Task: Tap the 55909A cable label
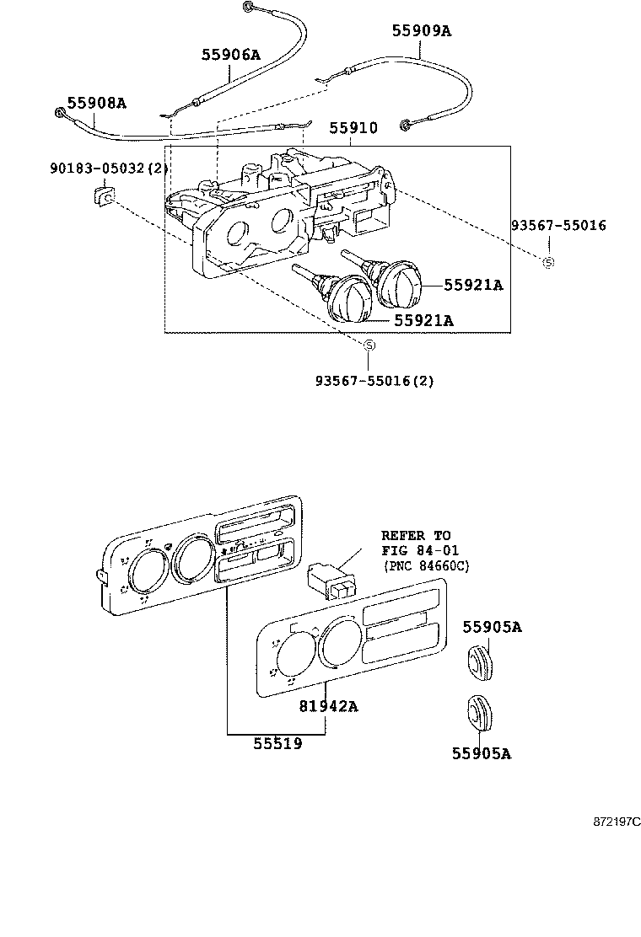click(421, 31)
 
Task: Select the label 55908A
click(96, 103)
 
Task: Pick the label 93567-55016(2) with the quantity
click(374, 381)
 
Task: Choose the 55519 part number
click(277, 744)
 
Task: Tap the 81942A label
click(328, 706)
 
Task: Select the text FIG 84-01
click(416, 550)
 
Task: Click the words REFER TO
click(416, 535)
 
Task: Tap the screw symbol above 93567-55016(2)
click(368, 345)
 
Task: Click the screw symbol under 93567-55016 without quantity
click(548, 262)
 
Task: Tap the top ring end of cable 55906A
click(249, 8)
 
